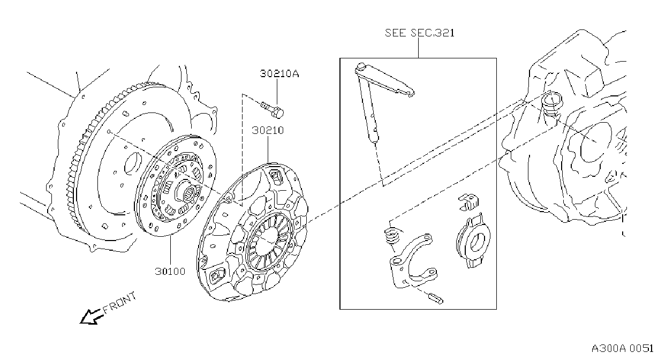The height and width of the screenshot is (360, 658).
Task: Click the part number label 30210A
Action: pos(279,73)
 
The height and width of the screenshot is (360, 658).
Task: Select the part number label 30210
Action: pos(268,130)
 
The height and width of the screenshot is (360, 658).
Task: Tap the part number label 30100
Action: pos(170,271)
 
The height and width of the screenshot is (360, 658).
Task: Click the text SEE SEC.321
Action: pos(420,33)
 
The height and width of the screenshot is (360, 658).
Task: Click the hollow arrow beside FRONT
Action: pos(91,317)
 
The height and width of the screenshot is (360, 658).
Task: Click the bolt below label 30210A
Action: pos(273,109)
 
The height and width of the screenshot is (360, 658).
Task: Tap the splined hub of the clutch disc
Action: pos(189,193)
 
